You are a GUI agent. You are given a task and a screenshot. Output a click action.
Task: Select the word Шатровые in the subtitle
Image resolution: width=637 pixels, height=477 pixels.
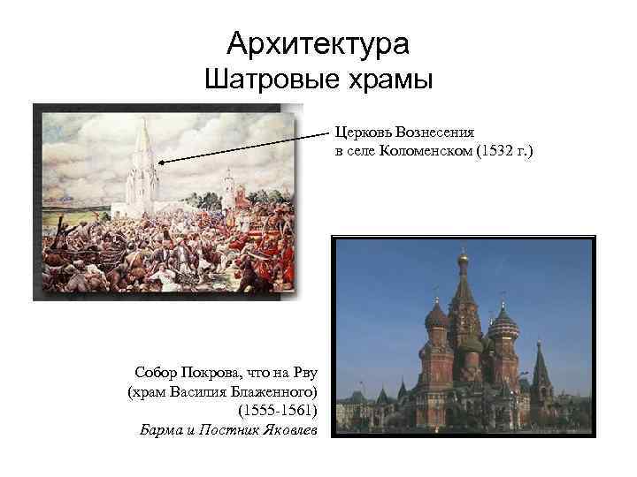click(x=265, y=81)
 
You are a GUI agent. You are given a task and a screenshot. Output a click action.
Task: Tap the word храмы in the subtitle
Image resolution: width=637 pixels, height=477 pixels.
click(x=386, y=81)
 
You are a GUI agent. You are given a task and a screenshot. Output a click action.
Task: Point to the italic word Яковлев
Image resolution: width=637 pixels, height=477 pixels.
click(x=288, y=430)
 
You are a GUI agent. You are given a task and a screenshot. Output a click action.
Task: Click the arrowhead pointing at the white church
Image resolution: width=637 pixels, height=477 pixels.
click(x=162, y=161)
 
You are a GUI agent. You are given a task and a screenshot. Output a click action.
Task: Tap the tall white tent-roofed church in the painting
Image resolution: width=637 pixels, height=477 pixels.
click(x=142, y=177)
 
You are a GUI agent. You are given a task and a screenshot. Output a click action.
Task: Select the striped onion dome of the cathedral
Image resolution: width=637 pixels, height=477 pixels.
click(x=502, y=323)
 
